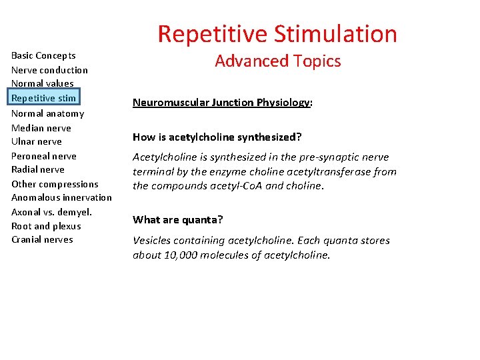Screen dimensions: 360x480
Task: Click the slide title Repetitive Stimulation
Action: coord(277,33)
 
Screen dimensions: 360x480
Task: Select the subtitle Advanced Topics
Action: coord(277,61)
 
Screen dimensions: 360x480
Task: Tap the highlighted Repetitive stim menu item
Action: coord(44,98)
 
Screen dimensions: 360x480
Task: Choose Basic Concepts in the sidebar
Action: coord(43,55)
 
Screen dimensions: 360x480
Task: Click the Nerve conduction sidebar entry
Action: coord(49,70)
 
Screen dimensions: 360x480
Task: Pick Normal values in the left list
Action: coord(43,83)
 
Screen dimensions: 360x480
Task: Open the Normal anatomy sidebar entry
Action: coord(47,113)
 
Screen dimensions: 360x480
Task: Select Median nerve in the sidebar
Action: coord(41,128)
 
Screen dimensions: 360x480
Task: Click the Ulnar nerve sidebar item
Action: coord(37,141)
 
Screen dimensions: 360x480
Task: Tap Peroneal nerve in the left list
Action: coord(44,156)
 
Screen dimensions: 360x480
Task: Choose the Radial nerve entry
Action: coord(38,169)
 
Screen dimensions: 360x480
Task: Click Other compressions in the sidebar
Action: coord(55,184)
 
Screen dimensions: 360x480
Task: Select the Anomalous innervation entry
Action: coord(61,197)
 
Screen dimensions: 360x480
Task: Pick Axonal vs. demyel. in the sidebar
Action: coord(51,212)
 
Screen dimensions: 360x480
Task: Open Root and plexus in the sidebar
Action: coord(46,226)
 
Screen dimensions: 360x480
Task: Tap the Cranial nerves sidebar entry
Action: coord(42,239)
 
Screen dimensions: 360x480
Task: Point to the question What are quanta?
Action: coord(177,219)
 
